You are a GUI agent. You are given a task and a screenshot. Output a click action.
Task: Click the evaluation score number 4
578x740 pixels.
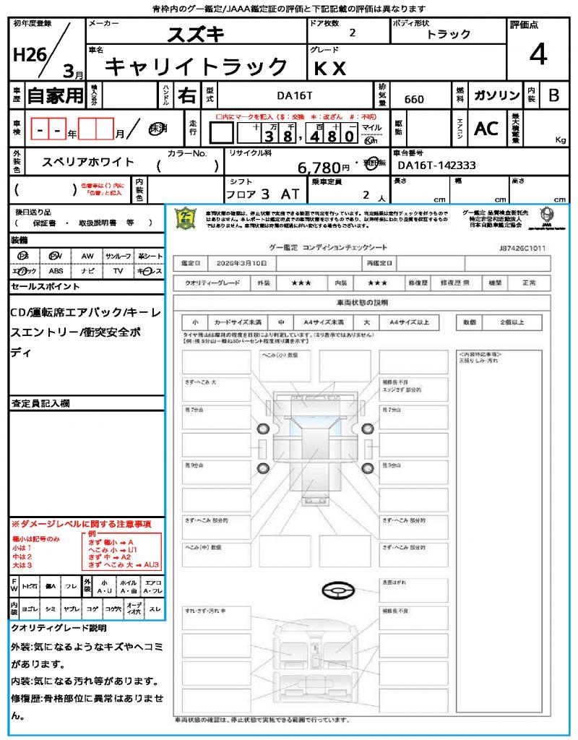pyautogui.click(x=538, y=54)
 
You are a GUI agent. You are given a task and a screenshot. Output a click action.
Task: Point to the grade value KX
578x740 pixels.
pyautogui.click(x=330, y=68)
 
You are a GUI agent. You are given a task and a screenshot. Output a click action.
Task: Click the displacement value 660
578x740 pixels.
pyautogui.click(x=414, y=99)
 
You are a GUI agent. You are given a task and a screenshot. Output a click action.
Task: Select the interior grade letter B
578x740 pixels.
pyautogui.click(x=553, y=95)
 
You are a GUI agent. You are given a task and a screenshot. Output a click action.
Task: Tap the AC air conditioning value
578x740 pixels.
pyautogui.click(x=486, y=129)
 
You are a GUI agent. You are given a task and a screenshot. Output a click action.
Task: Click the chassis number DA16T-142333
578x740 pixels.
pyautogui.click(x=436, y=165)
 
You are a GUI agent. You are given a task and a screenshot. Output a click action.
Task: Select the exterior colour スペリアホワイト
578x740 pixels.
pyautogui.click(x=88, y=163)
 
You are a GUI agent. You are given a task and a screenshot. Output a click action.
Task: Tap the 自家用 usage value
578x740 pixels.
pyautogui.click(x=55, y=95)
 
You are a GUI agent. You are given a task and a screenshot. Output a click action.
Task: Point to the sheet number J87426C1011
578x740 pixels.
pyautogui.click(x=522, y=247)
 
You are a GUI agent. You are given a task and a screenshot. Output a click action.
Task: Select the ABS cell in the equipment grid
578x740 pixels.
pyautogui.click(x=56, y=271)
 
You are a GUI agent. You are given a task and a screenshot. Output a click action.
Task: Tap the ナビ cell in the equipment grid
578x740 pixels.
pyautogui.click(x=87, y=271)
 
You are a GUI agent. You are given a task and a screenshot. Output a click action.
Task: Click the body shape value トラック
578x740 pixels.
pyautogui.click(x=449, y=34)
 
